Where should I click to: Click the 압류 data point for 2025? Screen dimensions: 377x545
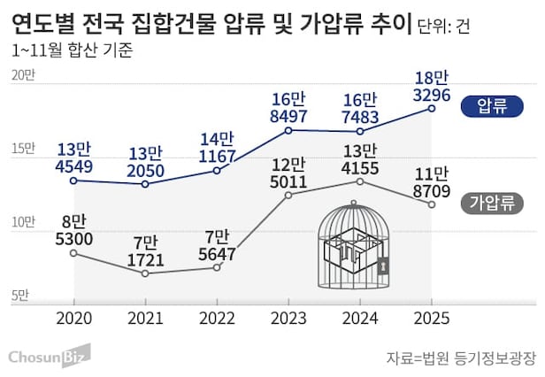pyautogui.click(x=432, y=108)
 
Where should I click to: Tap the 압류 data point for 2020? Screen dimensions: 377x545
pyautogui.click(x=73, y=181)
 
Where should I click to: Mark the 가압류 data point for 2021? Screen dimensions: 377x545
pyautogui.click(x=145, y=273)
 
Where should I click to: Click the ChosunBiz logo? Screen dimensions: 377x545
pyautogui.click(x=49, y=356)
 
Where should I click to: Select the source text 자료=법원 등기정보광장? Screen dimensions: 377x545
pyautogui.click(x=461, y=358)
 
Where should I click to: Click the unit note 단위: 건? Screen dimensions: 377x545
pyautogui.click(x=443, y=25)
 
